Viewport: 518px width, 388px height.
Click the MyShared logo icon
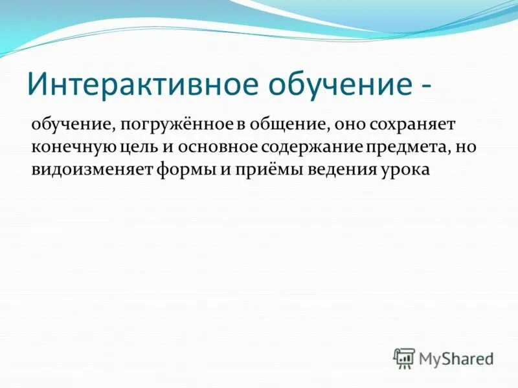[x=404, y=358]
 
